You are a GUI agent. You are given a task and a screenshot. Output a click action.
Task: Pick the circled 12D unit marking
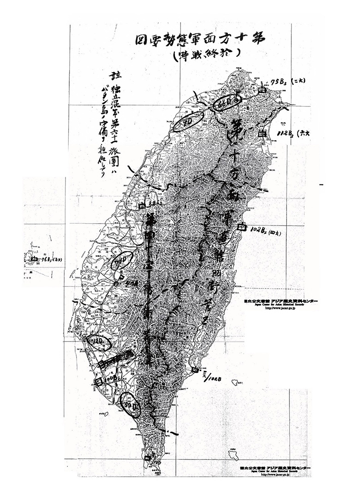pos(99,341)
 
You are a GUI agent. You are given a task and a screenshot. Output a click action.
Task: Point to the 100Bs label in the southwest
pos(113,379)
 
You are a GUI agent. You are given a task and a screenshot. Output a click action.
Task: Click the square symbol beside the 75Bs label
pos(263,90)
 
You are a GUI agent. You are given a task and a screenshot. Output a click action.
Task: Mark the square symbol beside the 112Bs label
pos(263,134)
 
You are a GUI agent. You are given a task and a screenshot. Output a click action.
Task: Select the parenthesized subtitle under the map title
pos(204,53)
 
